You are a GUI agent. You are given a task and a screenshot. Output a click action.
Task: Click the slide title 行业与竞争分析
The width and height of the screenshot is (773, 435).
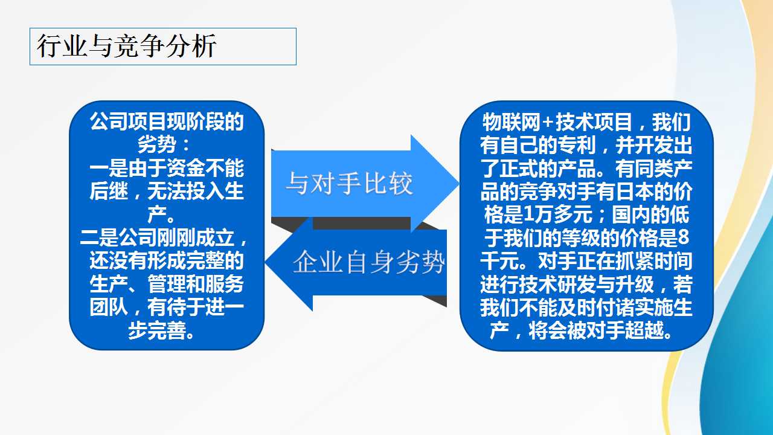click(127, 46)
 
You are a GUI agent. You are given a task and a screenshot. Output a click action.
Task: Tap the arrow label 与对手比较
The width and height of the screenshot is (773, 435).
click(349, 183)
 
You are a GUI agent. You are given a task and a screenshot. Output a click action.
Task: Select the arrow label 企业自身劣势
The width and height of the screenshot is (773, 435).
click(368, 262)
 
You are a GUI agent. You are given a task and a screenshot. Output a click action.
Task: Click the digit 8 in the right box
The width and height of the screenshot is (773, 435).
click(683, 238)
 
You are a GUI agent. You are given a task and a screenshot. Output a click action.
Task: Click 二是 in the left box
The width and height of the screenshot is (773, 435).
click(99, 237)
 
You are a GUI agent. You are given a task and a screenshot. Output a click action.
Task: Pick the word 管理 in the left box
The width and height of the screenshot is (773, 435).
click(167, 284)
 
